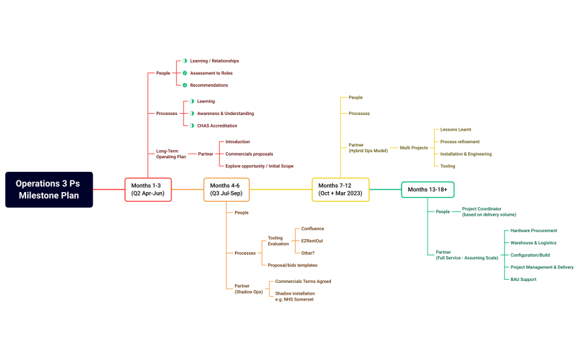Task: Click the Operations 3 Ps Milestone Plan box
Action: click(49, 189)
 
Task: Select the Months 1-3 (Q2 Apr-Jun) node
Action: click(148, 189)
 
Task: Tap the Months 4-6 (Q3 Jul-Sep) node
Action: click(227, 189)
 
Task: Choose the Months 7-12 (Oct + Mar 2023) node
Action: click(340, 189)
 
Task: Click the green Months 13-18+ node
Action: click(427, 189)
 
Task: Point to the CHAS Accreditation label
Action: click(217, 125)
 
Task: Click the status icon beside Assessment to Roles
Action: click(185, 73)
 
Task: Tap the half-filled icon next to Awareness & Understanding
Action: click(192, 114)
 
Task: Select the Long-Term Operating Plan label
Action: click(171, 154)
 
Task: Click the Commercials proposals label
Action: click(249, 154)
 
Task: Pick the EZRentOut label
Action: click(312, 241)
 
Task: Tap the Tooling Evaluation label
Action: click(278, 241)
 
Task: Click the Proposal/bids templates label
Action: click(292, 265)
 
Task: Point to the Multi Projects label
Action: click(414, 148)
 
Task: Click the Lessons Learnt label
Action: click(456, 129)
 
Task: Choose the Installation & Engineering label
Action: click(466, 154)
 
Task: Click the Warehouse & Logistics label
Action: click(533, 243)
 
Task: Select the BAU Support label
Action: click(524, 280)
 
